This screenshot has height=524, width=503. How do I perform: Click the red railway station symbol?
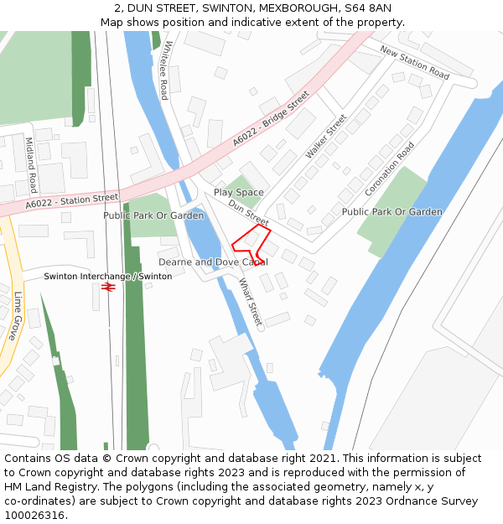pyautogui.click(x=107, y=287)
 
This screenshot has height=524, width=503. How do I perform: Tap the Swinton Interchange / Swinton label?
pyautogui.click(x=107, y=276)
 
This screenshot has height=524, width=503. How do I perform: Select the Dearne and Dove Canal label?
pyautogui.click(x=213, y=262)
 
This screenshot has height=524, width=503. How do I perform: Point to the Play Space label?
pyautogui.click(x=238, y=193)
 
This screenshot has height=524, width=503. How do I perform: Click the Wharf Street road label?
pyautogui.click(x=251, y=302)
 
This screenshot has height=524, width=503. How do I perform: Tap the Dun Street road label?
pyautogui.click(x=248, y=212)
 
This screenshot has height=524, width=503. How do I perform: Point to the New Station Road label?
pyautogui.click(x=415, y=62)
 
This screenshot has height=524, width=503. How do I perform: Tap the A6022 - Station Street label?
pyautogui.click(x=72, y=201)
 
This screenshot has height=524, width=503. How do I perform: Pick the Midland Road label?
pyautogui.click(x=32, y=165)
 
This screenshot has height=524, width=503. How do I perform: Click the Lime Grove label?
pyautogui.click(x=18, y=315)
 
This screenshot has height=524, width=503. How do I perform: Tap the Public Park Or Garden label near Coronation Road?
pyautogui.click(x=392, y=212)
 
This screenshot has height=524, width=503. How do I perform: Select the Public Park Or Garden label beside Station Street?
pyautogui.click(x=153, y=215)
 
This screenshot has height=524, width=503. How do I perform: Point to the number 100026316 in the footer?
pyautogui.click(x=35, y=515)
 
